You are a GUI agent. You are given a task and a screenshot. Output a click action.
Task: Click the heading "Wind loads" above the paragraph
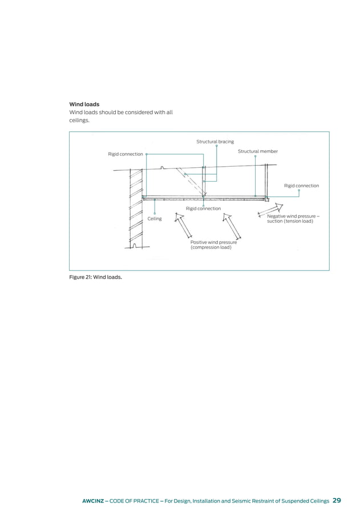pyautogui.click(x=84, y=104)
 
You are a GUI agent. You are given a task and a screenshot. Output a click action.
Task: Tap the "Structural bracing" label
pyautogui.click(x=215, y=142)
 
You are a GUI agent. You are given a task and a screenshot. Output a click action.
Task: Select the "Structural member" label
pyautogui.click(x=257, y=151)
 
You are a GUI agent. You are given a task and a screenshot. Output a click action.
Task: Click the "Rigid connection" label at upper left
pyautogui.click(x=126, y=154)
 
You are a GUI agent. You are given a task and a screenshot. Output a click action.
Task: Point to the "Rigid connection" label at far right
pyautogui.click(x=301, y=186)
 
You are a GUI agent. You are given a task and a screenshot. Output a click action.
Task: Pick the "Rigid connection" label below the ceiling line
pyautogui.click(x=203, y=209)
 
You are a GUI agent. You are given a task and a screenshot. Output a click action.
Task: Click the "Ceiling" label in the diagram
pyautogui.click(x=155, y=219)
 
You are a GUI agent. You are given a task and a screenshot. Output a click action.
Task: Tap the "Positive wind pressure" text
pyautogui.click(x=213, y=243)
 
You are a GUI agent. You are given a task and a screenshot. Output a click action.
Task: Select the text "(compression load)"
pyautogui.click(x=211, y=248)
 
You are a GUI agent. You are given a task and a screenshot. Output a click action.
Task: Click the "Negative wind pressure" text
pyautogui.click(x=293, y=216)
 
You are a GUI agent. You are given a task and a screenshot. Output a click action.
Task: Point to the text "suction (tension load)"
pyautogui.click(x=290, y=222)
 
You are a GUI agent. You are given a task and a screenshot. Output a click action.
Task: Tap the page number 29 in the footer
pyautogui.click(x=337, y=501)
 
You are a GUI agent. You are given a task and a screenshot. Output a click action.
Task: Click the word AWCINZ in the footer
pyautogui.click(x=95, y=501)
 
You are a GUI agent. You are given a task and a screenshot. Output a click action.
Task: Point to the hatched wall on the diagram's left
pyautogui.click(x=136, y=208)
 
